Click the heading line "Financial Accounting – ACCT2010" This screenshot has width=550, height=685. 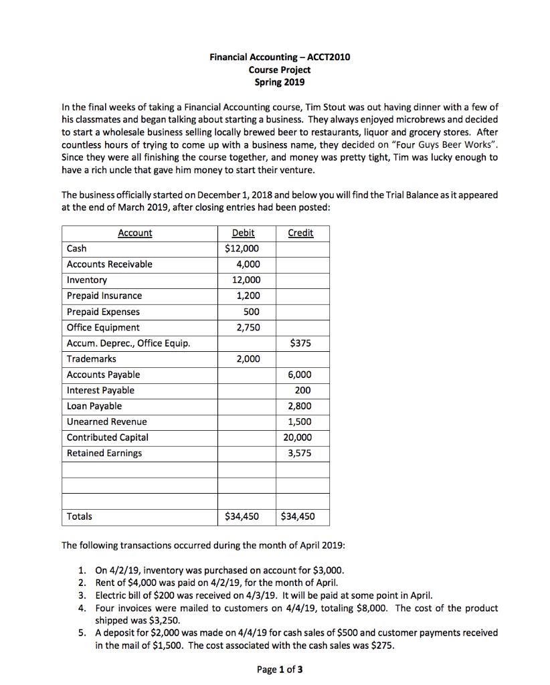[x=279, y=58]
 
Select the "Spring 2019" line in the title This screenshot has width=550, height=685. [x=279, y=82]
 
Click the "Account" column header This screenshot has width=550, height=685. [x=134, y=233]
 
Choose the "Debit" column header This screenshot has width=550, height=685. [x=242, y=233]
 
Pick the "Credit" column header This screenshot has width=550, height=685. [x=300, y=233]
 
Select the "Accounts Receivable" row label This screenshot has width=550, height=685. [x=109, y=264]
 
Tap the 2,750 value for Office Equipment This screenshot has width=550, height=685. [x=248, y=328]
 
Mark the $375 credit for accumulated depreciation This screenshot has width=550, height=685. [x=300, y=344]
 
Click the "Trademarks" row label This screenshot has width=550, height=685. [x=91, y=359]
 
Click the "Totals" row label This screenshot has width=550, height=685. [x=80, y=516]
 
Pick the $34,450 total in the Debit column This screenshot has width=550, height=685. [x=242, y=516]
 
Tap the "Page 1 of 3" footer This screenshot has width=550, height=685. [x=280, y=670]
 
